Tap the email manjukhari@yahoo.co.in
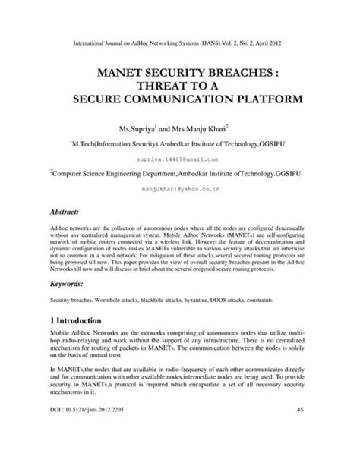tap(179, 194)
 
